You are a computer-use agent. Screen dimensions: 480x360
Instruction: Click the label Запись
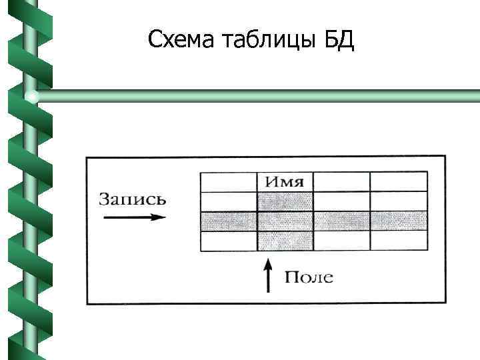pyautogui.click(x=133, y=199)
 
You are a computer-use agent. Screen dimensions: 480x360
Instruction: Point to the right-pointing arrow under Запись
pyautogui.click(x=133, y=217)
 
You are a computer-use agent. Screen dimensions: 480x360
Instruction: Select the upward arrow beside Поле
pyautogui.click(x=268, y=276)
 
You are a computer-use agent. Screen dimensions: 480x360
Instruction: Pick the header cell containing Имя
pyautogui.click(x=285, y=182)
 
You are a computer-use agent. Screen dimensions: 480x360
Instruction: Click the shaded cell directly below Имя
pyautogui.click(x=285, y=201)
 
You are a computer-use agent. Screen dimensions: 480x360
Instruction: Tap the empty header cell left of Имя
pyautogui.click(x=229, y=182)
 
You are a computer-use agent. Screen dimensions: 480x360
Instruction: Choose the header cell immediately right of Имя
pyautogui.click(x=341, y=182)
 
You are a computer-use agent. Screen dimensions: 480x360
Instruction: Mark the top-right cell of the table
pyautogui.click(x=398, y=182)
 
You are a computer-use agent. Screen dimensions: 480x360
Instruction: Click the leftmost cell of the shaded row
pyautogui.click(x=229, y=221)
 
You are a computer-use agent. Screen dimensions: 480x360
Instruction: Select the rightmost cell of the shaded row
pyautogui.click(x=398, y=221)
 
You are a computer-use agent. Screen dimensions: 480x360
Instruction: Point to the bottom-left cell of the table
pyautogui.click(x=229, y=241)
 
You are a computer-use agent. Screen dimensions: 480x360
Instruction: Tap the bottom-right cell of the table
pyautogui.click(x=398, y=241)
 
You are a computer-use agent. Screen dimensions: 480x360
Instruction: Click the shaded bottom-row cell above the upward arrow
pyautogui.click(x=285, y=241)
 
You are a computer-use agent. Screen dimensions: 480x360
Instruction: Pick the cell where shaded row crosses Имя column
pyautogui.click(x=285, y=221)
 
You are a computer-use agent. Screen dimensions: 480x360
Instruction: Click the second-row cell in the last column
pyautogui.click(x=398, y=201)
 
